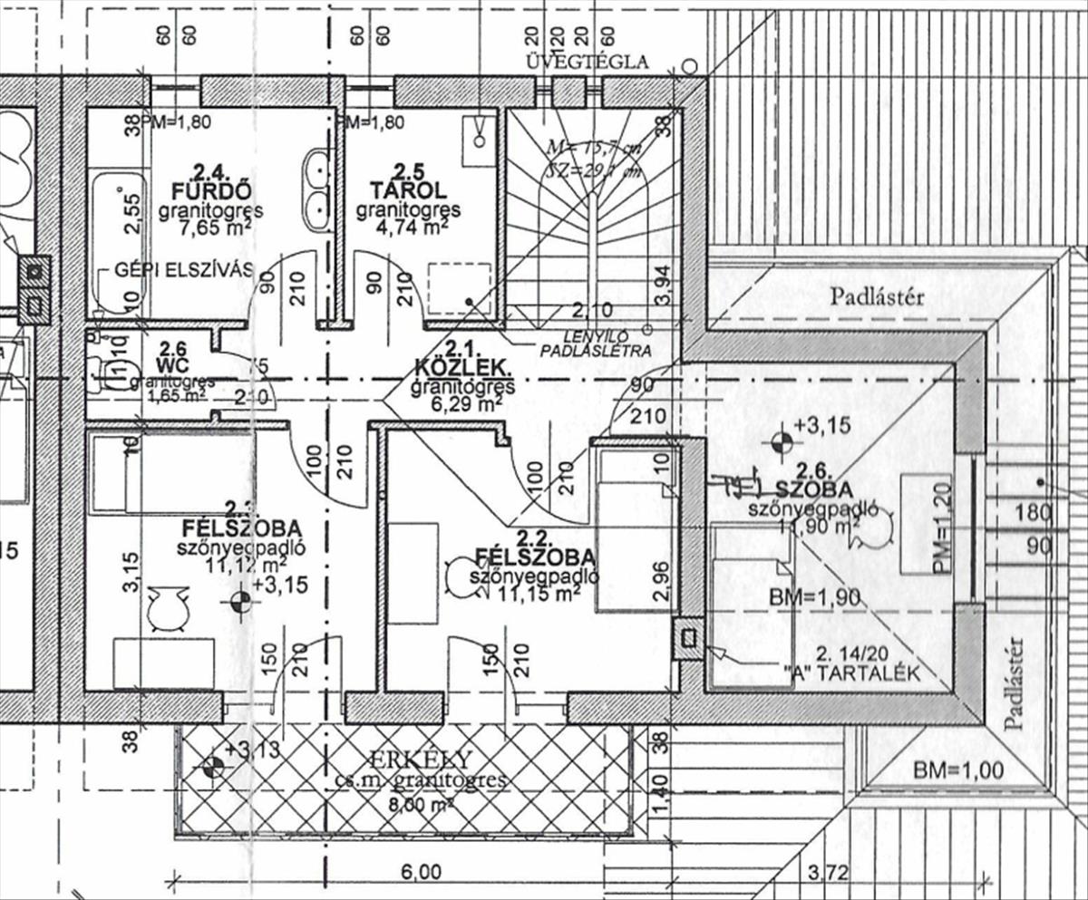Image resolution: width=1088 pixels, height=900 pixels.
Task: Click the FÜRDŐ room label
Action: coord(211,190)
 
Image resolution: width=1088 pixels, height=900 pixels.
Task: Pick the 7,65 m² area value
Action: coord(212,228)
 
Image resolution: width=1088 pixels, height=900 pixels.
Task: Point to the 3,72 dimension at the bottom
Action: coord(828,874)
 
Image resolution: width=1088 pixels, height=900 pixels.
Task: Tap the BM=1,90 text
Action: coord(814,598)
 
